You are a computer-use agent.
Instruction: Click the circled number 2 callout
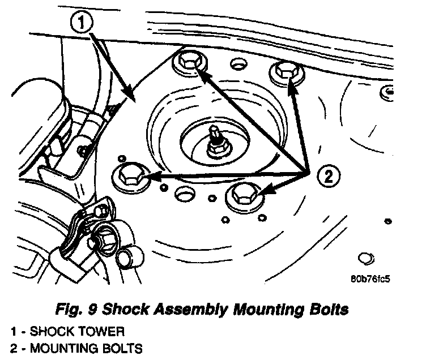coord(329,177)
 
